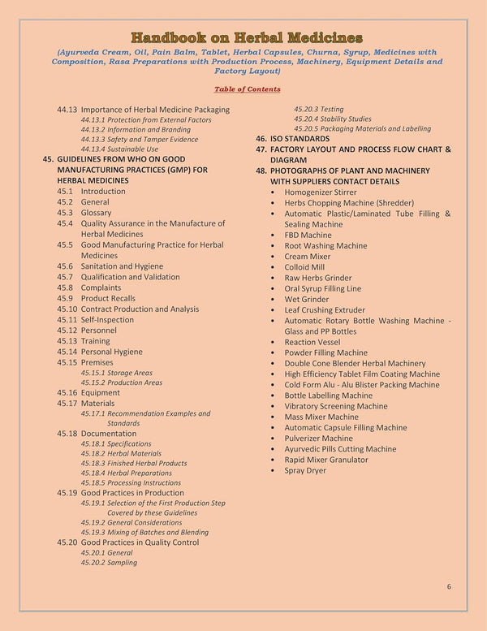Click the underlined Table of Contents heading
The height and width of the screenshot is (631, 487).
(x=248, y=89)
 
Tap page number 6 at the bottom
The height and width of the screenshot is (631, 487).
(x=449, y=586)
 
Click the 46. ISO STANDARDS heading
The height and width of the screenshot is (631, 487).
(x=293, y=139)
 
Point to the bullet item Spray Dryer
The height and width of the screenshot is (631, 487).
(x=305, y=470)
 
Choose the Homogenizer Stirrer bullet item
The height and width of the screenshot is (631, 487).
(x=320, y=192)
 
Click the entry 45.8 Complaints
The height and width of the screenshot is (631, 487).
(x=88, y=287)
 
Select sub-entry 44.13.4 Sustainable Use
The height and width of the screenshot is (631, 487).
(x=119, y=149)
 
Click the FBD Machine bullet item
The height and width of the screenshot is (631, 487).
(x=308, y=235)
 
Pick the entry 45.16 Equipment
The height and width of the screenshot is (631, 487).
(x=88, y=392)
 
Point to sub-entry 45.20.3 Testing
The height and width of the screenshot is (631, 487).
(x=318, y=109)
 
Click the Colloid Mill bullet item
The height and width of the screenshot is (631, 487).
(x=304, y=266)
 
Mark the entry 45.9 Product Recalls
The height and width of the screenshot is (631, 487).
(x=96, y=298)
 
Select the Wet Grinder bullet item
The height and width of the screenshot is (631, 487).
(x=306, y=299)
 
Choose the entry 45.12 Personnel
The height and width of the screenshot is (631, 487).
(x=88, y=331)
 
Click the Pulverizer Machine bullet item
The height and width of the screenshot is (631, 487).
(x=318, y=438)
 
